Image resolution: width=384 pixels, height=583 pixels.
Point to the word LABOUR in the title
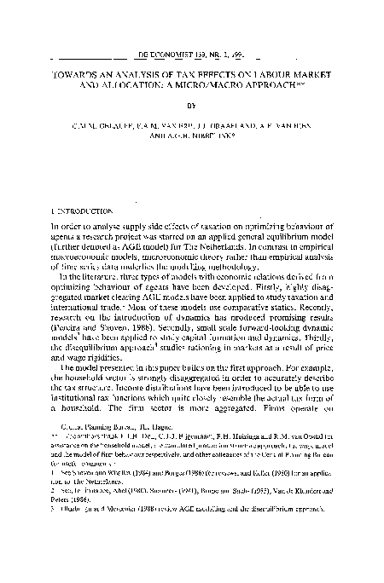tap(274, 61)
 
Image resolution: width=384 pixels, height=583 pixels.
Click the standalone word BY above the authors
tap(192, 98)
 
